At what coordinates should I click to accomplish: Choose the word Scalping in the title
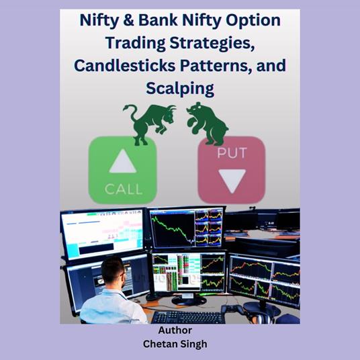179,89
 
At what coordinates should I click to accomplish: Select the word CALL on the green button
123,189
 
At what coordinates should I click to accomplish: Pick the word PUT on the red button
231,154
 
